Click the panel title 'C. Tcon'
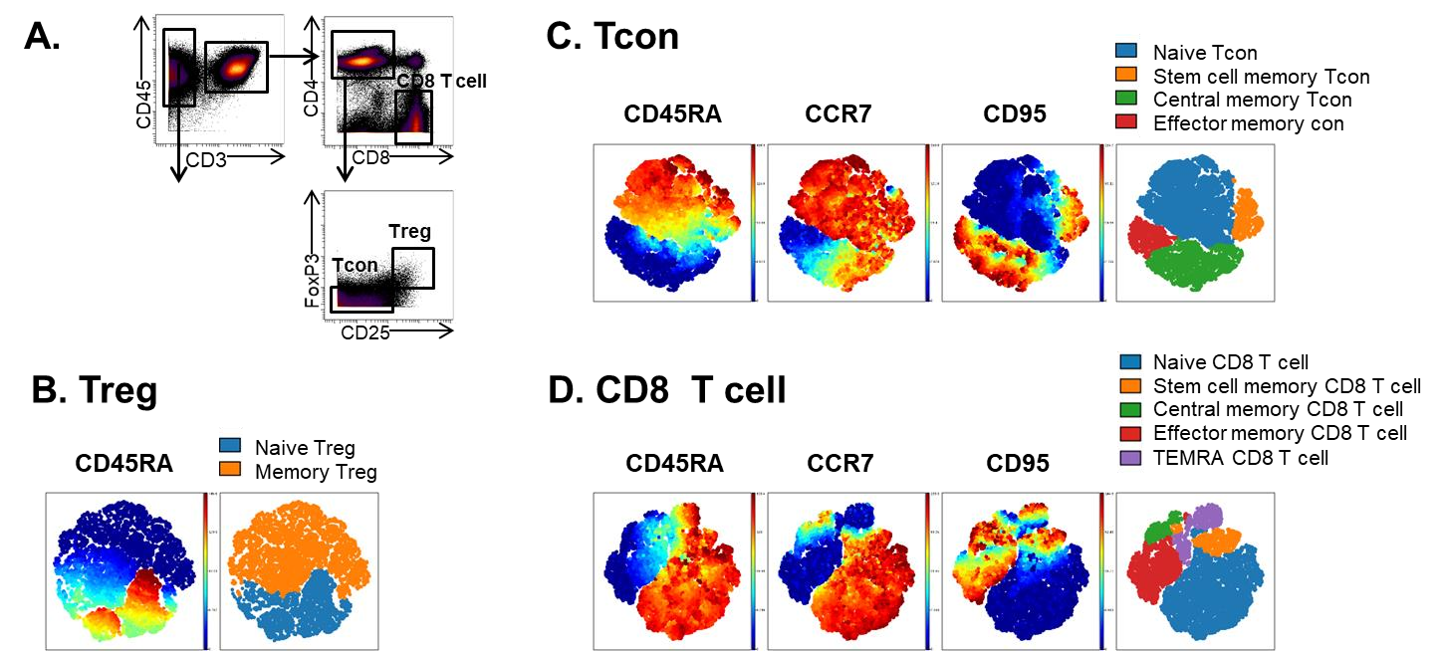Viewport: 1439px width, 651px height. [x=612, y=37]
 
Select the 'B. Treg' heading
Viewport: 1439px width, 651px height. [x=94, y=389]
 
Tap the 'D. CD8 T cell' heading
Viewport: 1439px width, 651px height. [x=666, y=391]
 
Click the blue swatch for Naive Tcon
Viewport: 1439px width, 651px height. [x=1126, y=53]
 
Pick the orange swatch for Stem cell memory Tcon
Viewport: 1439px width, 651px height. [x=1126, y=77]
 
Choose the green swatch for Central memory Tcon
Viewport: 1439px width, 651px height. [x=1126, y=100]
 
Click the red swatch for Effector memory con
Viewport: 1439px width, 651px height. [x=1126, y=123]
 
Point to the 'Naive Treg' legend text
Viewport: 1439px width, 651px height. [x=305, y=448]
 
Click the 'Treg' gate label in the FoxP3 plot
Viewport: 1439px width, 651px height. [x=410, y=232]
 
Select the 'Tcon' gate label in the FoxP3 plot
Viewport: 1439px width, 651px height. [x=356, y=266]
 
